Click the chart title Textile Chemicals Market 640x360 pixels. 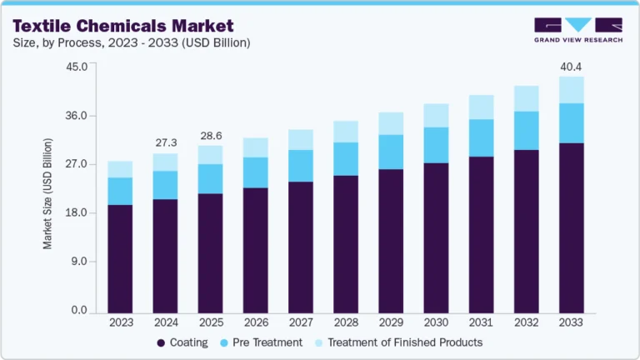point(122,26)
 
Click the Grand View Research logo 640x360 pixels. point(578,30)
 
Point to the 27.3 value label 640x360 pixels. point(165,142)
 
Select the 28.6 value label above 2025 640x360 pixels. point(210,135)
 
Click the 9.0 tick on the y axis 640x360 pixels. point(78,262)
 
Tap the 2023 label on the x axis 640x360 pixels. point(120,322)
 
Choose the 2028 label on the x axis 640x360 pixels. point(346,322)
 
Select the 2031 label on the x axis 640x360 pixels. point(481,322)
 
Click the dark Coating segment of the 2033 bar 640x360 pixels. point(571,228)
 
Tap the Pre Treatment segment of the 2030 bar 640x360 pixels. point(436,145)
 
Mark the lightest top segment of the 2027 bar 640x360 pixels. point(301,139)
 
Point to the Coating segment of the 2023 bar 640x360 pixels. point(120,258)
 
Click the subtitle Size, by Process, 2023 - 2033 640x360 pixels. point(131,42)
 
